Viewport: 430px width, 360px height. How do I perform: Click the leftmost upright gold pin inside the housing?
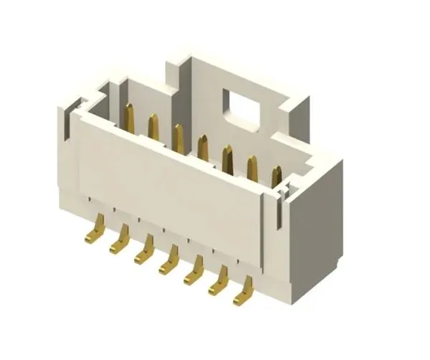click(x=130, y=117)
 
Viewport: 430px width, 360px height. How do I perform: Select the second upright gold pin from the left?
click(x=153, y=128)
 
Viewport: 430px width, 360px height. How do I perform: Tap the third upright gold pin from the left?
click(x=178, y=138)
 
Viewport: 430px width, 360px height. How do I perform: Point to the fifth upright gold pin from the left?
click(x=228, y=158)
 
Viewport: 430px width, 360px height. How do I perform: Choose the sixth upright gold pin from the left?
click(x=252, y=169)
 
